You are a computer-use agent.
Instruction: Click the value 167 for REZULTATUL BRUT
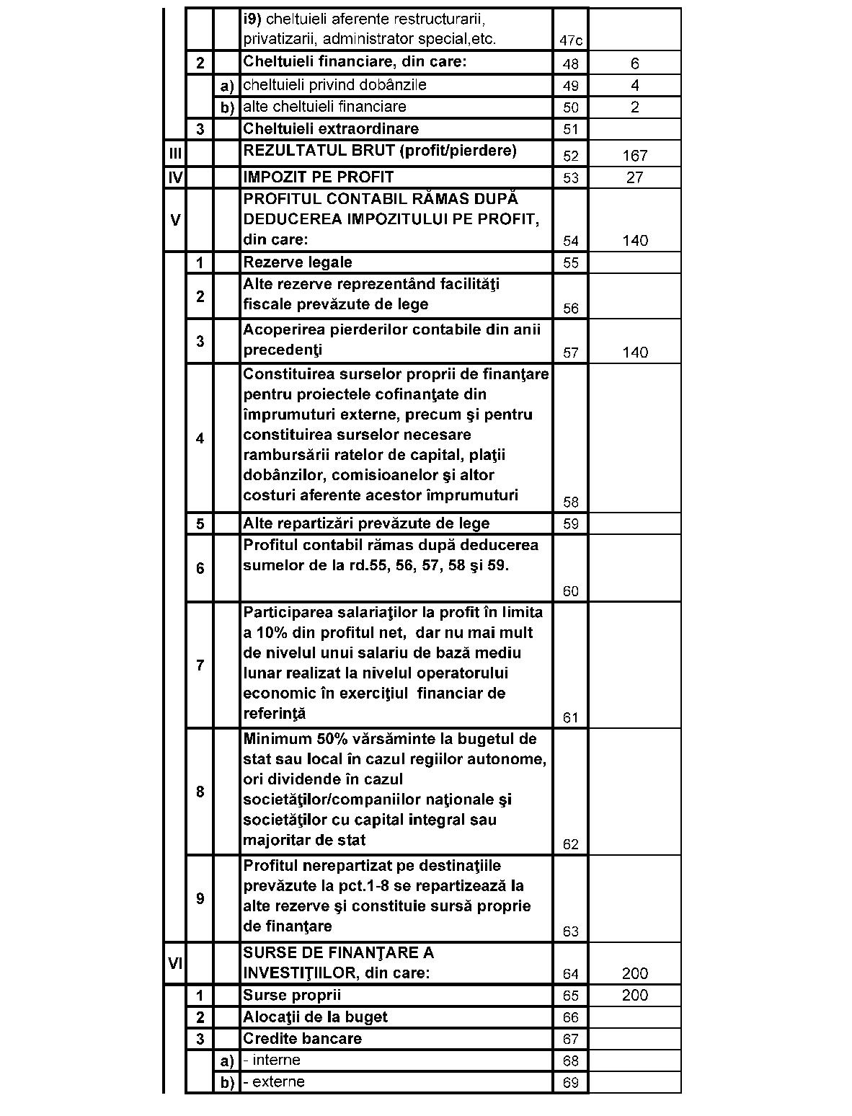[x=634, y=156]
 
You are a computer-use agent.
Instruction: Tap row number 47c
[x=571, y=41]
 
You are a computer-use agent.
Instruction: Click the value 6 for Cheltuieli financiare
[x=634, y=64]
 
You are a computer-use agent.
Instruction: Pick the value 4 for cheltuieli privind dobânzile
[x=634, y=86]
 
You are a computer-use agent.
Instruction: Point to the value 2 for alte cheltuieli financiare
[x=634, y=107]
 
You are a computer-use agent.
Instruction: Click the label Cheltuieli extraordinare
[x=331, y=129]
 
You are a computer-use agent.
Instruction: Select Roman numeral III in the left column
[x=175, y=154]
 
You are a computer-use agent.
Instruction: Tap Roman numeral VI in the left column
[x=175, y=962]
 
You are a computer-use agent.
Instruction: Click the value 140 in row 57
[x=634, y=353]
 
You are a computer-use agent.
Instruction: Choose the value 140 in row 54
[x=634, y=241]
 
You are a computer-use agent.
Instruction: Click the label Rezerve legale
[x=298, y=262]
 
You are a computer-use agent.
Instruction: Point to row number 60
[x=571, y=592]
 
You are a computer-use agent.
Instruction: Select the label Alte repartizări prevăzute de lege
[x=366, y=523]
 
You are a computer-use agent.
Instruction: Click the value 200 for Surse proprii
[x=634, y=996]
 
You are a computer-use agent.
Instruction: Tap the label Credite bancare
[x=302, y=1039]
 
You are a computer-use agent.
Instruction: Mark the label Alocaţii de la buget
[x=315, y=1017]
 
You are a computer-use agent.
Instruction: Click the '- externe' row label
[x=274, y=1082]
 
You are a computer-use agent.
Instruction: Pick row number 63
[x=571, y=932]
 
